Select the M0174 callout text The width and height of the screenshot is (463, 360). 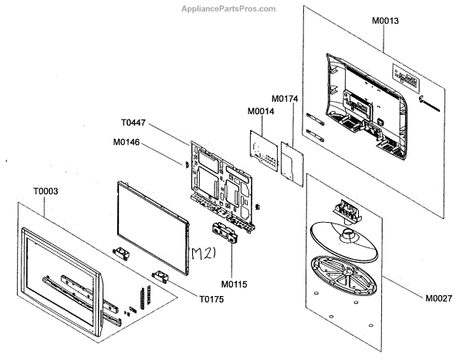point(285,99)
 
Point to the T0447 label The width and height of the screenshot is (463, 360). point(133,123)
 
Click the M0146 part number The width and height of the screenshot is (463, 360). point(126,142)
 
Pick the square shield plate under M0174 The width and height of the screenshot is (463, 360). point(291,161)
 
